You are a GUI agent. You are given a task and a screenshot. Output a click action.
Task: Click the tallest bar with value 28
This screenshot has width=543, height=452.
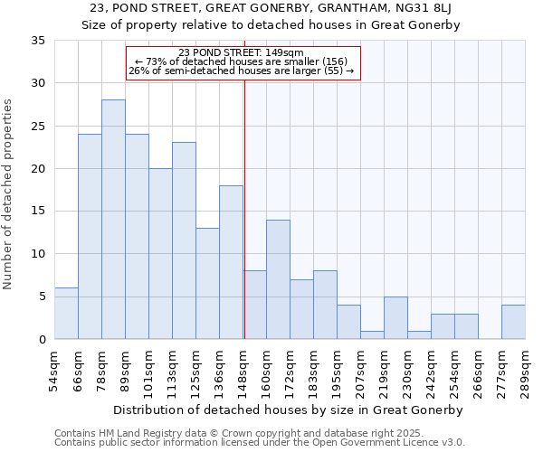[x=113, y=220]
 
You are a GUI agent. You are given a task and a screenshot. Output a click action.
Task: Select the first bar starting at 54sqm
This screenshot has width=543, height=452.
[x=66, y=314]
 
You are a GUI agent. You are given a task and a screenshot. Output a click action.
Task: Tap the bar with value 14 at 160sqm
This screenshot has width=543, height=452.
[x=278, y=279]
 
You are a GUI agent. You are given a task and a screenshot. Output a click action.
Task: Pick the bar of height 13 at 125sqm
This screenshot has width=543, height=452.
[x=207, y=284]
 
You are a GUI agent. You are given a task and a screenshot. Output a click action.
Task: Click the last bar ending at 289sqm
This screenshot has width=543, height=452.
[x=513, y=322]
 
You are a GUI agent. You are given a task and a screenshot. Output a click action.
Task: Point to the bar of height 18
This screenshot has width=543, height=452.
[x=231, y=262]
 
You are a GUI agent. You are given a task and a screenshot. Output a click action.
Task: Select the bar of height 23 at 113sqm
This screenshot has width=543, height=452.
[x=184, y=240]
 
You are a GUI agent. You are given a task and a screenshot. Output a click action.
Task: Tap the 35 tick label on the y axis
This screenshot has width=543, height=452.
[x=37, y=41]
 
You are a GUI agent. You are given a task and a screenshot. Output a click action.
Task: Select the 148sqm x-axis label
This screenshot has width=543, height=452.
[x=243, y=372]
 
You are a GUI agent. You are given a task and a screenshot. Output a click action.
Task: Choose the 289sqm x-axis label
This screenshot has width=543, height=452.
[x=525, y=372]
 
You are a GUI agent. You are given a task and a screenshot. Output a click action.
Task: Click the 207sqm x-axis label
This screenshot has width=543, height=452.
[x=360, y=372]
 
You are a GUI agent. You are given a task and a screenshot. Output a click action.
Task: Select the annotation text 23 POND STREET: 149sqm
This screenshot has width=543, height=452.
[x=242, y=52]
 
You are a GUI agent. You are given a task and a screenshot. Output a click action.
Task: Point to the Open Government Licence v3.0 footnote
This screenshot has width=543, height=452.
[x=389, y=442]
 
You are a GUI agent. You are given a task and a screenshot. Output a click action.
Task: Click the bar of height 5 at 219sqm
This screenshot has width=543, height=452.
[x=395, y=317]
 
